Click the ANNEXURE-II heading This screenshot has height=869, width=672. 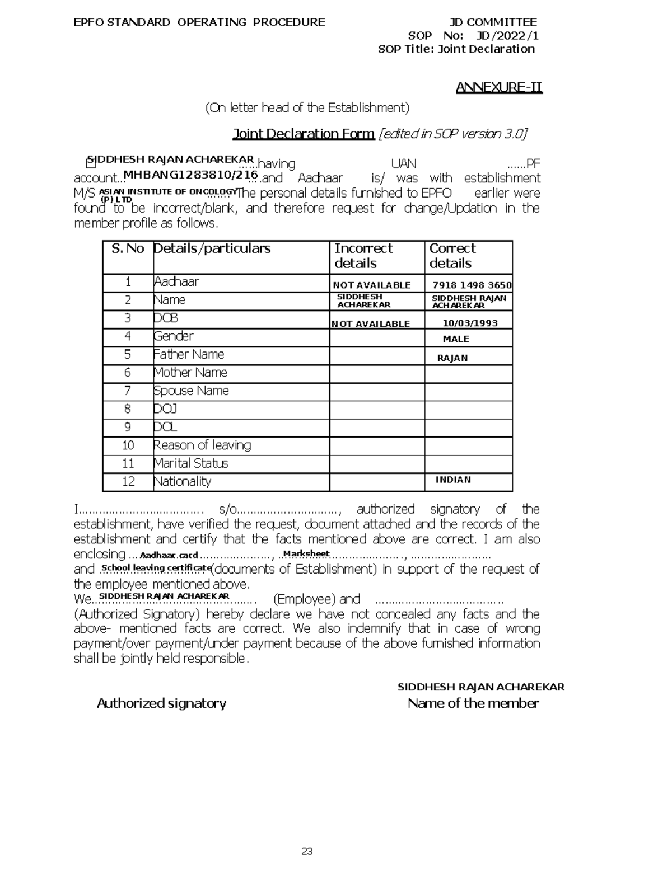click(x=499, y=88)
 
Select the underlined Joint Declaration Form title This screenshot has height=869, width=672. click(x=303, y=134)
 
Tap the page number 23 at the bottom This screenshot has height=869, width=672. click(x=307, y=852)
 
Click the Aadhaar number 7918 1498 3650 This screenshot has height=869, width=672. click(x=472, y=285)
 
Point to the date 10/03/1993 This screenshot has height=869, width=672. click(x=470, y=323)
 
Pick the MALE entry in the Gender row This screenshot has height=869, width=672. click(x=456, y=339)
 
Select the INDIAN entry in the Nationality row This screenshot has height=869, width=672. click(x=453, y=480)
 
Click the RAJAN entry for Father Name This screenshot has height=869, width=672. click(x=452, y=358)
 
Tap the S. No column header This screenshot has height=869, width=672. click(x=128, y=248)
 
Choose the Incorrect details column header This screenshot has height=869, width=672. click(x=363, y=256)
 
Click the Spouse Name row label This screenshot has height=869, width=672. click(x=191, y=391)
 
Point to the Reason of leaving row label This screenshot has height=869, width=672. click(x=202, y=445)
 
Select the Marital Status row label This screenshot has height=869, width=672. click(x=191, y=463)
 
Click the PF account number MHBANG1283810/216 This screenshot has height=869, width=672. click(x=190, y=175)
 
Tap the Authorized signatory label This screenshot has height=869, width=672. click(x=161, y=703)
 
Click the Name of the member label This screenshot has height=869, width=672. click(x=473, y=703)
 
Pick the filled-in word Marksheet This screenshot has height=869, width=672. click(x=306, y=554)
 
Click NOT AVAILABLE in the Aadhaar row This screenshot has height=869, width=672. click(x=371, y=285)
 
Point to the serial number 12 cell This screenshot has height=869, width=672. click(x=128, y=482)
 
